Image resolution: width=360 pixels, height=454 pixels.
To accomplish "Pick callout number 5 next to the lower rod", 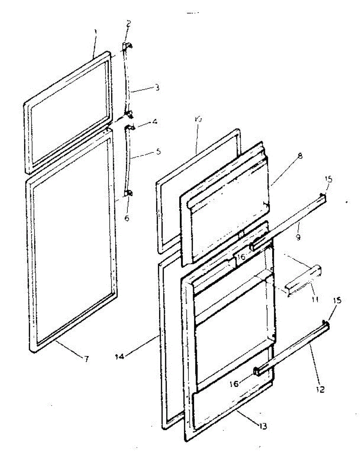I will (x=158, y=151).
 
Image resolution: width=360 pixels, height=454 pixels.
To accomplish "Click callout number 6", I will (x=127, y=218).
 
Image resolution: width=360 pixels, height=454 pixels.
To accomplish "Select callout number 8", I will (x=299, y=155).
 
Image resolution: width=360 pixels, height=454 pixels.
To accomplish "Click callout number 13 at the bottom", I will (x=262, y=426).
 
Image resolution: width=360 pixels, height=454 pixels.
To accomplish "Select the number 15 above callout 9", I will (x=328, y=179).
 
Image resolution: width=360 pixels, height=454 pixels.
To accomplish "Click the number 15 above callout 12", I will (x=337, y=300).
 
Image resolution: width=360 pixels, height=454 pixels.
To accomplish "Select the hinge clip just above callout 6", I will (x=128, y=193).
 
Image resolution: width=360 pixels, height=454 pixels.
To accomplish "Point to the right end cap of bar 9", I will (x=323, y=197).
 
